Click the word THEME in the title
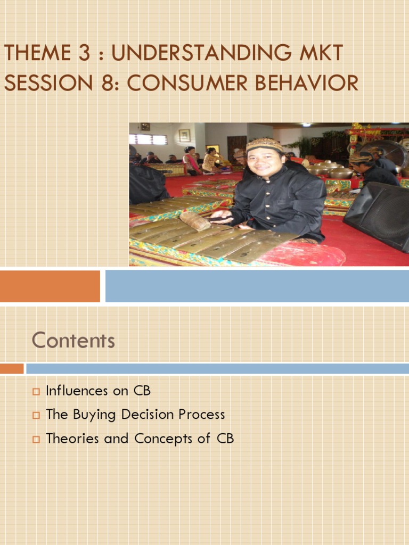[x=38, y=53]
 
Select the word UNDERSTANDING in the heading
[x=201, y=53]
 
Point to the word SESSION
[x=48, y=83]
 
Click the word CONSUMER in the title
[x=187, y=83]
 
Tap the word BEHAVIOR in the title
[x=307, y=83]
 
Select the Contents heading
[x=73, y=340]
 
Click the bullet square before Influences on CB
[x=36, y=392]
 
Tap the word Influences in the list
[x=77, y=391]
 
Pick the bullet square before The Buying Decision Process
[x=36, y=415]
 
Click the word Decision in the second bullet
[x=148, y=414]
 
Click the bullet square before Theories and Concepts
[x=36, y=439]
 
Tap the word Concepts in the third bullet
[x=163, y=439]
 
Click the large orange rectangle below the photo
[x=50, y=286]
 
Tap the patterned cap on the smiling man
[x=265, y=145]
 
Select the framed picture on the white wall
[x=185, y=135]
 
